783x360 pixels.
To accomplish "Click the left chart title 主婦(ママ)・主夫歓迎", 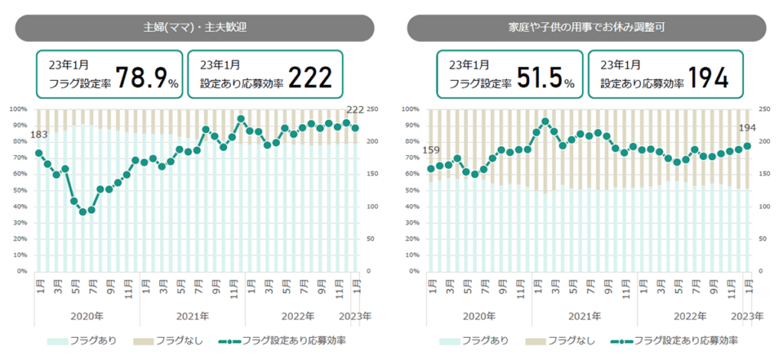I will (194, 28).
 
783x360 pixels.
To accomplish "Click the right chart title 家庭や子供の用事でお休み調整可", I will (586, 28).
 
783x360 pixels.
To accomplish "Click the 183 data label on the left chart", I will (38, 135).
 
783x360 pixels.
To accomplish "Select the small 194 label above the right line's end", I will (746, 128).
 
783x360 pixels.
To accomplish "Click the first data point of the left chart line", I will (39, 153).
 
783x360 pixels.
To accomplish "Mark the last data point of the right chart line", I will (747, 145).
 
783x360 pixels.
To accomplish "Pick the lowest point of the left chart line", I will (83, 212).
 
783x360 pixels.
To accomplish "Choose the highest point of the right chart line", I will (545, 122).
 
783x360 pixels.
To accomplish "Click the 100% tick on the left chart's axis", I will (21, 109).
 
